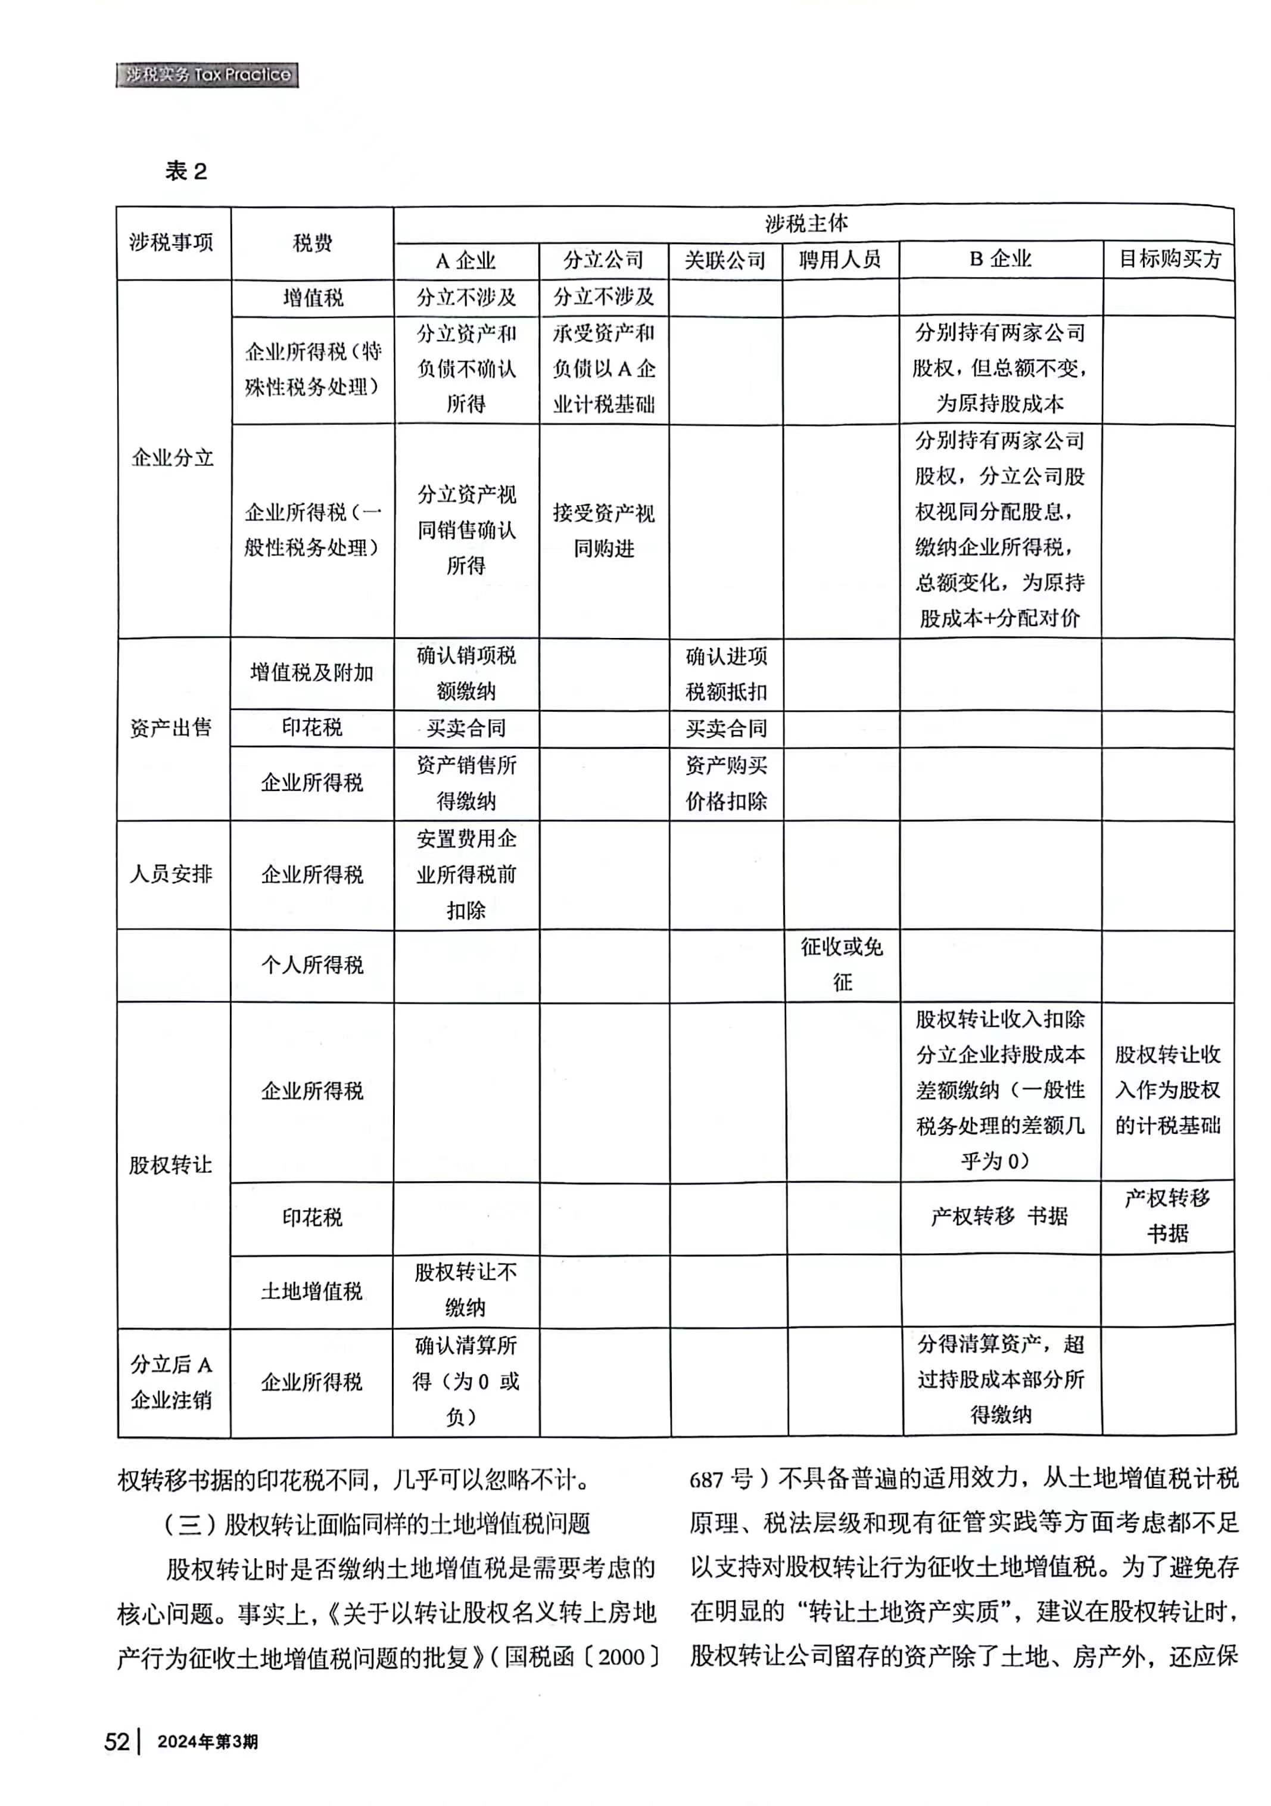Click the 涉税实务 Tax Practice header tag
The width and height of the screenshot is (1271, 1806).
click(x=207, y=74)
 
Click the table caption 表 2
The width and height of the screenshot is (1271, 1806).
click(x=186, y=171)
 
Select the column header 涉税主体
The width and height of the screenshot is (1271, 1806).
click(x=806, y=223)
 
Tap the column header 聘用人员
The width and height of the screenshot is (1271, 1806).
click(x=839, y=260)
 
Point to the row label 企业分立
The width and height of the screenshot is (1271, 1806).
click(x=172, y=458)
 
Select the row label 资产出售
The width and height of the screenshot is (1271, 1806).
click(x=171, y=728)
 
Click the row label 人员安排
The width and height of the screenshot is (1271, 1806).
click(x=171, y=874)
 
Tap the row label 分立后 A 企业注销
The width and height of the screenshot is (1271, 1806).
click(x=171, y=1382)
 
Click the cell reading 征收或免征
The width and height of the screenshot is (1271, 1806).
click(x=842, y=964)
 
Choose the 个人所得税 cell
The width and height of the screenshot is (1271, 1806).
click(x=311, y=965)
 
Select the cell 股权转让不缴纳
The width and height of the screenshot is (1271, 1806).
click(x=466, y=1290)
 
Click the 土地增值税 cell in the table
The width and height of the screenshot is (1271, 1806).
click(x=311, y=1291)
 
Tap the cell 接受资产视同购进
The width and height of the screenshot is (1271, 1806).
click(x=603, y=531)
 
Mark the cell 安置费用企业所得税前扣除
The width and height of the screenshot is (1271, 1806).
click(x=466, y=874)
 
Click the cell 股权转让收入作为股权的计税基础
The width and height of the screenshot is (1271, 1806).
click(x=1167, y=1090)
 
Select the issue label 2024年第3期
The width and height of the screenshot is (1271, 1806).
click(x=208, y=1742)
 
